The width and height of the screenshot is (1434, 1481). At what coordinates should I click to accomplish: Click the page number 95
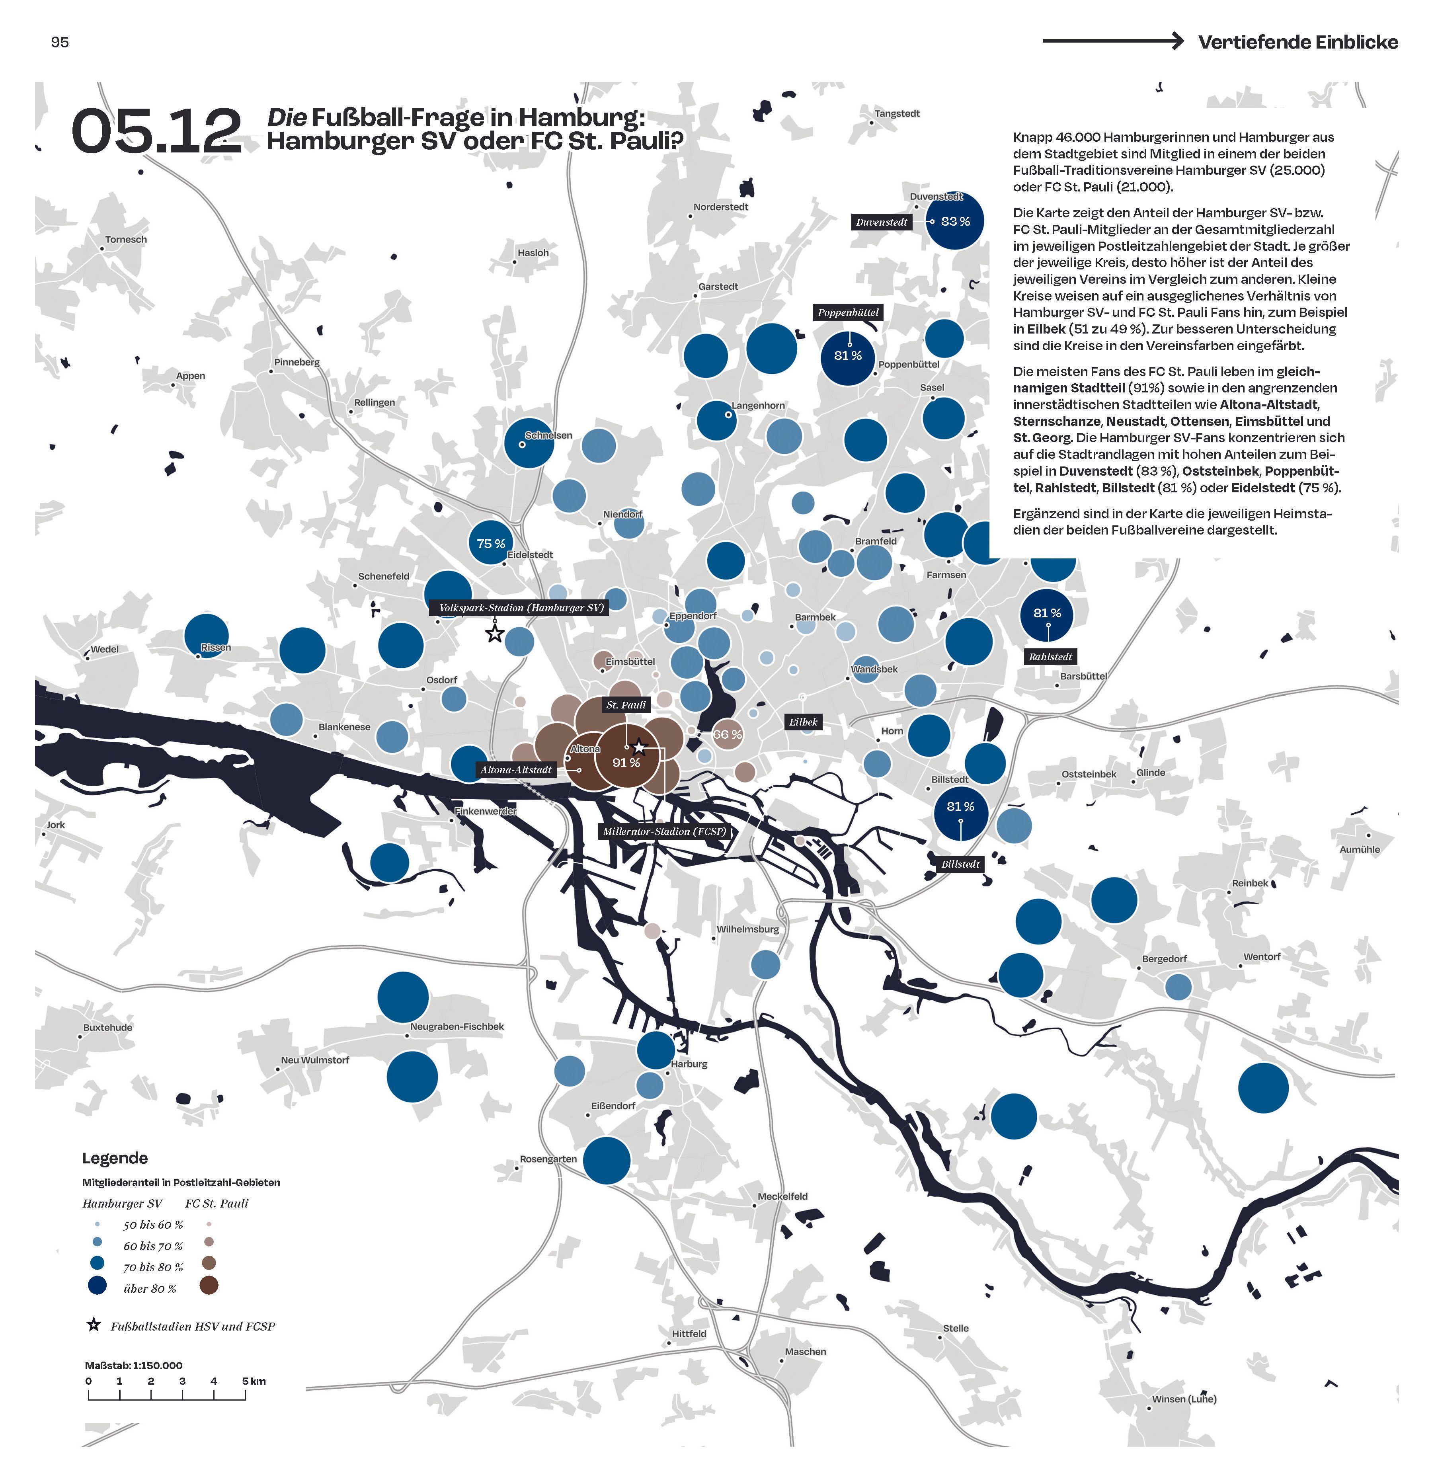[x=60, y=42]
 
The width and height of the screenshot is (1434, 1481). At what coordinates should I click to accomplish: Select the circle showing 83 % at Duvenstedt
[x=955, y=221]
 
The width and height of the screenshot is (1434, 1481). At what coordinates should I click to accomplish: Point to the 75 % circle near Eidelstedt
[x=490, y=543]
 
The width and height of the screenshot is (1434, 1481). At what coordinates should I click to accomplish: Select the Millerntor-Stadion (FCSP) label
[x=664, y=831]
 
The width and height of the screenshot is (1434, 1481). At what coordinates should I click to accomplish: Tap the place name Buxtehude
[x=107, y=1028]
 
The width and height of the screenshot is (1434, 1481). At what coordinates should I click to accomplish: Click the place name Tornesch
[x=126, y=240]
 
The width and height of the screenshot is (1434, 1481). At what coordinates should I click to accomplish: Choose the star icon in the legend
[x=94, y=1325]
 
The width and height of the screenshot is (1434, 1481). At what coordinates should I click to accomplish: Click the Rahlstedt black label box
[x=1050, y=657]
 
